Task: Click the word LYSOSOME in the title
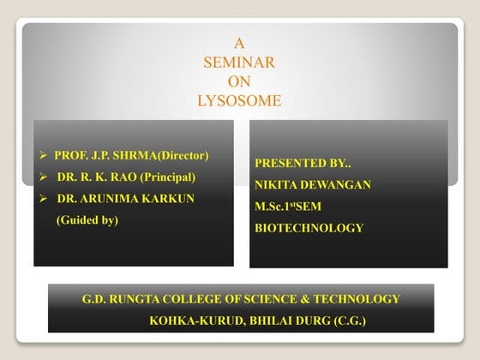click(x=239, y=100)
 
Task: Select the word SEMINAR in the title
click(x=239, y=62)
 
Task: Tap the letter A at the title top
click(x=239, y=42)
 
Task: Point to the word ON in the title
click(x=239, y=81)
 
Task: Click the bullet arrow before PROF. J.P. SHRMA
click(x=44, y=156)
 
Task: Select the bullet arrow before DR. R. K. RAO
click(x=44, y=177)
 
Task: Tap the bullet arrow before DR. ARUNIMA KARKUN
click(x=44, y=199)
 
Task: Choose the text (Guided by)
click(x=87, y=220)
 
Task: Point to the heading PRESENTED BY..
click(x=303, y=162)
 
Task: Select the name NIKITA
click(x=276, y=183)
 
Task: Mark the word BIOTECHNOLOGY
click(x=309, y=228)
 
